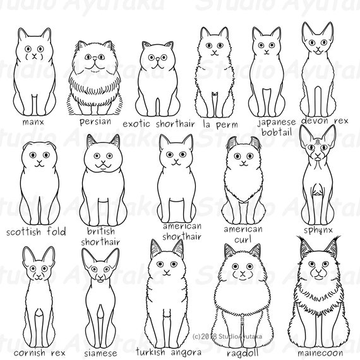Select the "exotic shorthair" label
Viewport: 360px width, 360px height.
158,123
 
